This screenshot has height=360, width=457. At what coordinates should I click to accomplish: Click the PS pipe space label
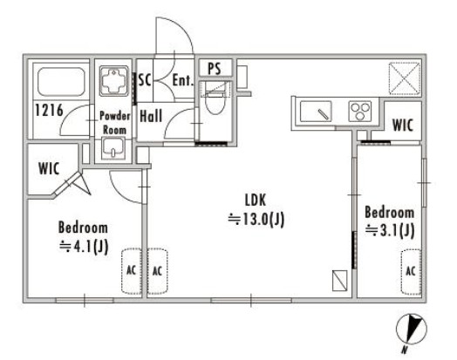tap(215, 69)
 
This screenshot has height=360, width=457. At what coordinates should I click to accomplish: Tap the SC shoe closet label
tap(145, 79)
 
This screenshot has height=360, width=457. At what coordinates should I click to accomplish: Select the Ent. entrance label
tap(183, 80)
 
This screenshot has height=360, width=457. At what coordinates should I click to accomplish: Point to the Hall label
tap(151, 116)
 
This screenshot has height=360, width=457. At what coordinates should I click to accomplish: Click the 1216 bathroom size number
tap(49, 110)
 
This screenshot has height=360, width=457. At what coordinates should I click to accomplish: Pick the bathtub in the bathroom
tap(61, 82)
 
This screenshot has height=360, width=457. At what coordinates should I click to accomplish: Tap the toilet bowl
tap(215, 102)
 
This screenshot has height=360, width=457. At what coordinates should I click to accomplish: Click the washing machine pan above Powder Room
tap(113, 81)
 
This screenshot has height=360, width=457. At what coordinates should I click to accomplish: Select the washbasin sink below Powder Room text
tap(113, 148)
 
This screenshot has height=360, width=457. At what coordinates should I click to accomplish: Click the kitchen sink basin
tap(316, 112)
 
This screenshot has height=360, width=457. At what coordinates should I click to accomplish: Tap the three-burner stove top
tap(360, 111)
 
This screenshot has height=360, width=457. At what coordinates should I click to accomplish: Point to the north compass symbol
tap(412, 329)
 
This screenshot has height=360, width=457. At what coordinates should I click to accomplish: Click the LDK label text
tap(256, 200)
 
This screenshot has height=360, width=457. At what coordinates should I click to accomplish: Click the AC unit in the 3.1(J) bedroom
tap(411, 271)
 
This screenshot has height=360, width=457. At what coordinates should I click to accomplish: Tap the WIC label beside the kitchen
tap(403, 125)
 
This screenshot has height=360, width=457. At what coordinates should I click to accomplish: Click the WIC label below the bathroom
tap(49, 168)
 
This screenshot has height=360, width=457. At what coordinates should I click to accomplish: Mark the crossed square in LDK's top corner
tap(405, 78)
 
